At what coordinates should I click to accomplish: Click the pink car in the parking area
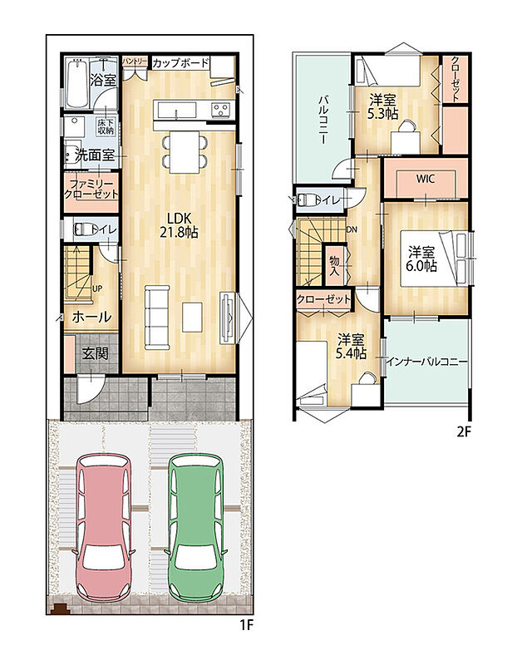tap(103, 527)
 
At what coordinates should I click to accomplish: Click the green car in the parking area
tap(195, 527)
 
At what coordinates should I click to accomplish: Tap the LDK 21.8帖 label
tap(179, 224)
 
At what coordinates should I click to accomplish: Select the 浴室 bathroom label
tap(102, 79)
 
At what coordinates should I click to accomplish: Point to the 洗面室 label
tap(95, 155)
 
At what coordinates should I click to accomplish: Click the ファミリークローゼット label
tap(91, 190)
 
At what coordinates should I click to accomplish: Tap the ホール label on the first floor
tap(91, 317)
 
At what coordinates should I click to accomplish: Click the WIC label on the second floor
tap(425, 179)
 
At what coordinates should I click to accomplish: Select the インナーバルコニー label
tap(426, 362)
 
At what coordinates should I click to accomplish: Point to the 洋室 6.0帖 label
tap(422, 259)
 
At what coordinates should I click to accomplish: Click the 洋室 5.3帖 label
tap(383, 107)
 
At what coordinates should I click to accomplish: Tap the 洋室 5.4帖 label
tap(351, 347)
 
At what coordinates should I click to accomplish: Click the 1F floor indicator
tap(245, 625)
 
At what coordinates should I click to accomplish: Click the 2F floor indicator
tap(464, 431)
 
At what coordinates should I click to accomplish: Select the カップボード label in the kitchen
tap(180, 63)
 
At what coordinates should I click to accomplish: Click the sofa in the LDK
tap(157, 318)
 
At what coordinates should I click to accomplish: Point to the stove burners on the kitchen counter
tap(221, 110)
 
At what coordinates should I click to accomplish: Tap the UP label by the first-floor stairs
tap(97, 288)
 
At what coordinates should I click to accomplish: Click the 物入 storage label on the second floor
tap(335, 265)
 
